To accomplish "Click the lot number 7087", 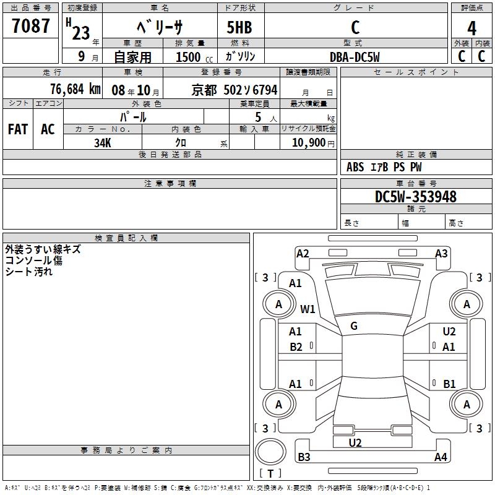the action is (x=31, y=26).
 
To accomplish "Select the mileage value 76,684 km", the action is (x=75, y=89).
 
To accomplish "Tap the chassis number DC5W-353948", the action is (x=416, y=197).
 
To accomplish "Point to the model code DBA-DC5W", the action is (x=355, y=57).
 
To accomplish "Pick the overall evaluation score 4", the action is (x=471, y=28).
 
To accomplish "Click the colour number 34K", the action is (x=103, y=142).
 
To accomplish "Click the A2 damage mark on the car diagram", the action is (x=303, y=253).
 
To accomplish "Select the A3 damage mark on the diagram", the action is (x=441, y=253).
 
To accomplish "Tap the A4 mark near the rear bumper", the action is (x=441, y=457).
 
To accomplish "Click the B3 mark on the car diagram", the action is (x=304, y=457).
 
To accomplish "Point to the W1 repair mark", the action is (x=308, y=309).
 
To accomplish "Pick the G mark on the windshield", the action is (x=354, y=326).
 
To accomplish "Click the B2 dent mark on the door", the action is (x=296, y=347).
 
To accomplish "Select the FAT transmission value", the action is (x=18, y=129).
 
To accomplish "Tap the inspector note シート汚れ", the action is (x=29, y=272).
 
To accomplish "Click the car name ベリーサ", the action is (x=159, y=27).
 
